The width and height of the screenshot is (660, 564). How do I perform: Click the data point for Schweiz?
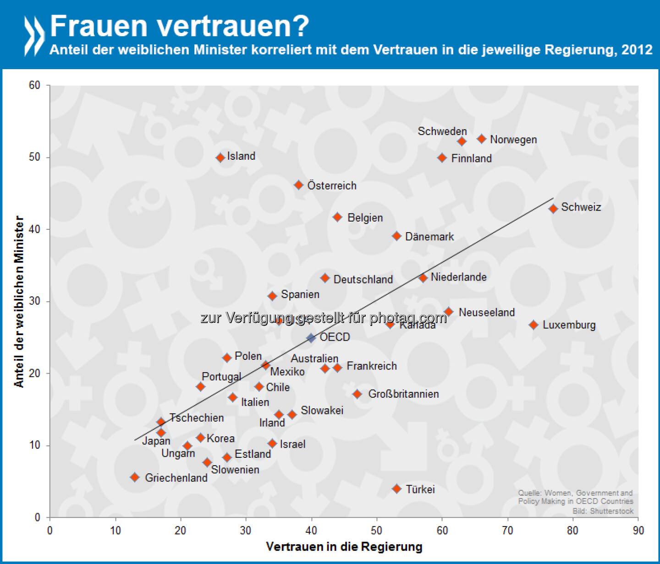553,209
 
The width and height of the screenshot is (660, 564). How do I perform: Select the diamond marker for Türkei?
397,488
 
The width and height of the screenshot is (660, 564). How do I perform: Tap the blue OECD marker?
311,338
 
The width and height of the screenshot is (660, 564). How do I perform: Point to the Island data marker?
220,157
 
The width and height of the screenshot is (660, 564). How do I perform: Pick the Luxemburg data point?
533,325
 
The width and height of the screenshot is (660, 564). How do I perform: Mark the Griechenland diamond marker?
135,477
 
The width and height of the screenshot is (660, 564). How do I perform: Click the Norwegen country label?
513,140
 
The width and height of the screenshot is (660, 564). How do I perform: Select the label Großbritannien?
403,394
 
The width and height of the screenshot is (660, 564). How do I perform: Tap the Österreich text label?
332,185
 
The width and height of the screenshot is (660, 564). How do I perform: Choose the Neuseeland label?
487,312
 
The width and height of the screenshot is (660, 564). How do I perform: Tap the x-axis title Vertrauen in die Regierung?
344,547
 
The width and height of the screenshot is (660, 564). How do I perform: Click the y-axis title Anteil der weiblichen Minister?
19,302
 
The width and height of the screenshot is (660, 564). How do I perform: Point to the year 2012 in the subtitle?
637,49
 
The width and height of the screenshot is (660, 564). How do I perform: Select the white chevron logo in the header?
34,36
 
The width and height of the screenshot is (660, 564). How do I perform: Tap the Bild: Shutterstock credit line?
603,511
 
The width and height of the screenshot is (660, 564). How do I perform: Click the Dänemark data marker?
397,236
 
